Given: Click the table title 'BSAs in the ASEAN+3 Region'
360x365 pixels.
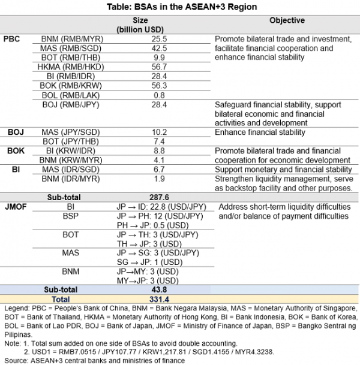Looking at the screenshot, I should (x=180, y=6).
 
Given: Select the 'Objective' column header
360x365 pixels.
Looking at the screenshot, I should (x=286, y=20).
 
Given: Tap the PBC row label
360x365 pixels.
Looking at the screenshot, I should (x=12, y=38).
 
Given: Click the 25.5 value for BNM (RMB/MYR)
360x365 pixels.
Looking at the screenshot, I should (x=160, y=38).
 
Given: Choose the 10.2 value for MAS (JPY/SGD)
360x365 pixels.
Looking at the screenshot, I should (x=160, y=132).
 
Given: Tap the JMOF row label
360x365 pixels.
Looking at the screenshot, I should (x=16, y=207).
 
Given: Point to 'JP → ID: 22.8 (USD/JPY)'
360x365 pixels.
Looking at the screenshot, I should (x=160, y=207).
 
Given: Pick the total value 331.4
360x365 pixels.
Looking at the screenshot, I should (x=160, y=299).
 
